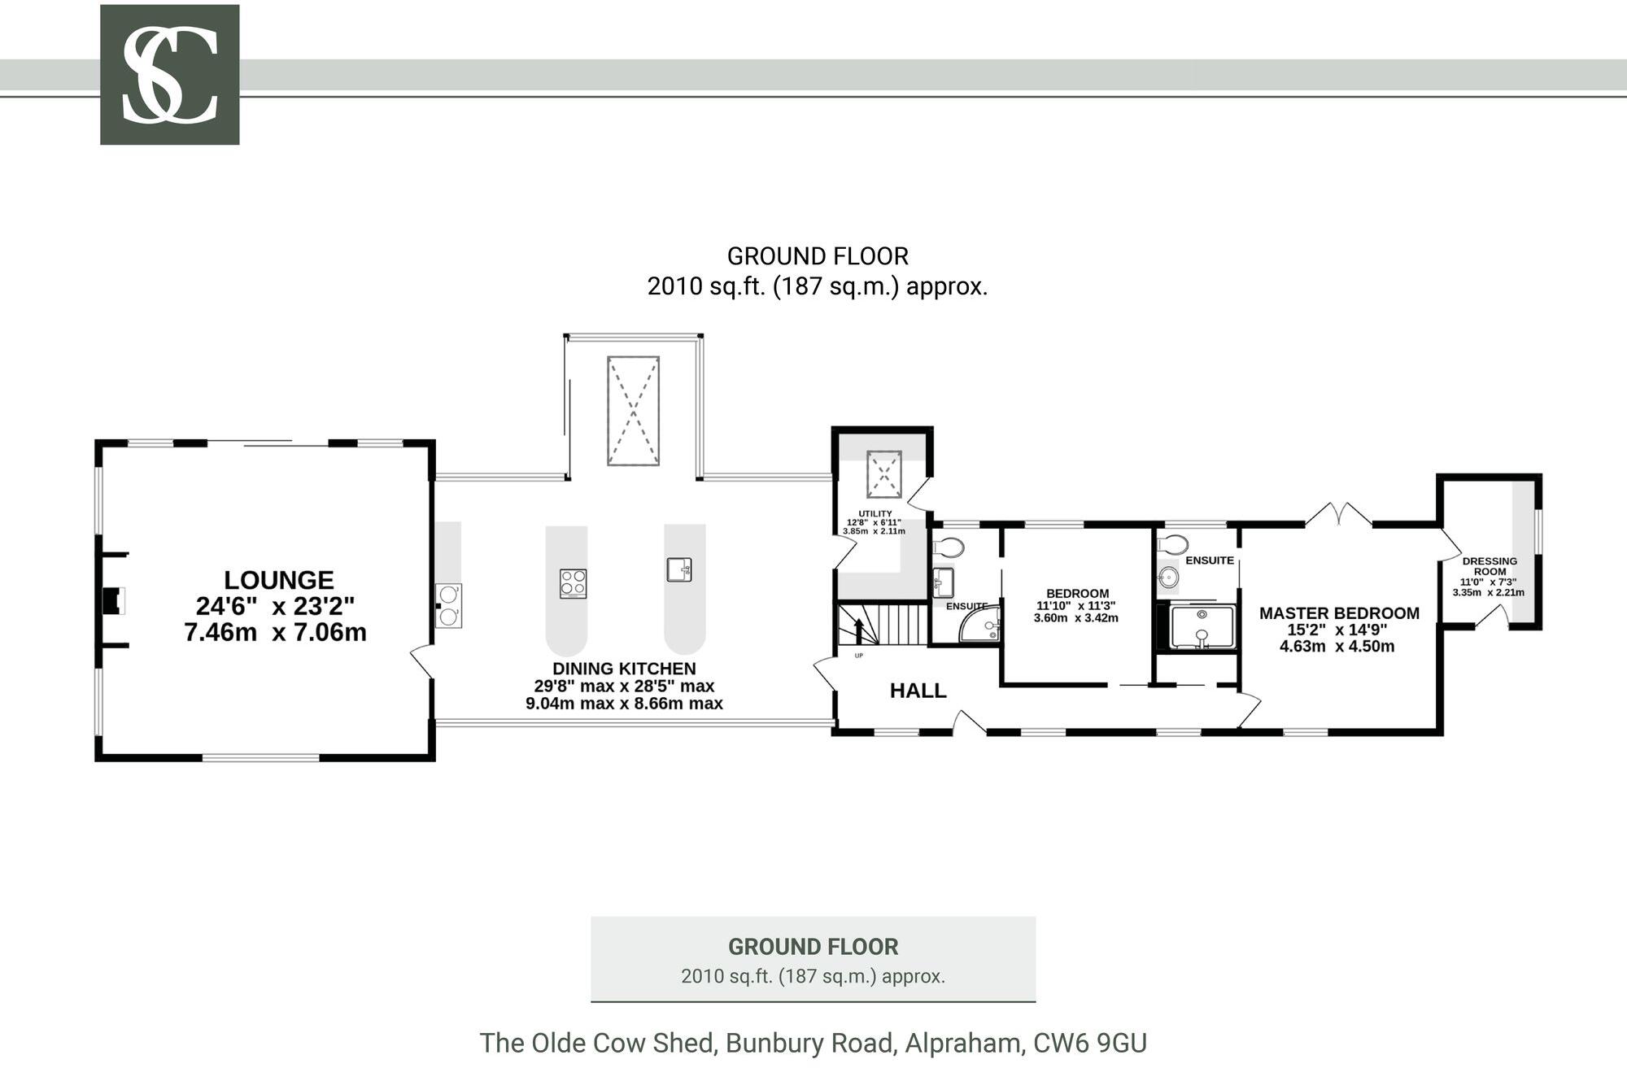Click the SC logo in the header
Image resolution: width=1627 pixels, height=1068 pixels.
169,75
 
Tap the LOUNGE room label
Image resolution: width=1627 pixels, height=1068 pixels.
278,580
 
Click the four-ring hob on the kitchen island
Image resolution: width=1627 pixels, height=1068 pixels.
573,583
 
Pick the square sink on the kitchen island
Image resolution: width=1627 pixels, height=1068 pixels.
678,569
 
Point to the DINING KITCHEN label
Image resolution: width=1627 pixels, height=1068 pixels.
624,669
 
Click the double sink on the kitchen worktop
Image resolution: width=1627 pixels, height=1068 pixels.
448,605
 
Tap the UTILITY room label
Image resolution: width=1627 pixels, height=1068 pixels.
875,514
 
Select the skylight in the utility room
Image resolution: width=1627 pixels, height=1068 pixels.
883,474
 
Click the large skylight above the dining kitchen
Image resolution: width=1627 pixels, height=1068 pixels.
633,411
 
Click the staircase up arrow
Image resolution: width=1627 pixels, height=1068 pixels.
859,630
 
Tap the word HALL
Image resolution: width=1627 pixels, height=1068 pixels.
918,691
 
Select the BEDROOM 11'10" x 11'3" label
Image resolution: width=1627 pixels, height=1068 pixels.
1076,605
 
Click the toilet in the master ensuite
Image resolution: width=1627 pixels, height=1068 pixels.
1173,544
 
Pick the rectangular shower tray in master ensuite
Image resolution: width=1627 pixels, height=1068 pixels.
1202,627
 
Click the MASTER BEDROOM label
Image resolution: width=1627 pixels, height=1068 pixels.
1338,613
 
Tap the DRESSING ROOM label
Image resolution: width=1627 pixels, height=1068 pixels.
1489,566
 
